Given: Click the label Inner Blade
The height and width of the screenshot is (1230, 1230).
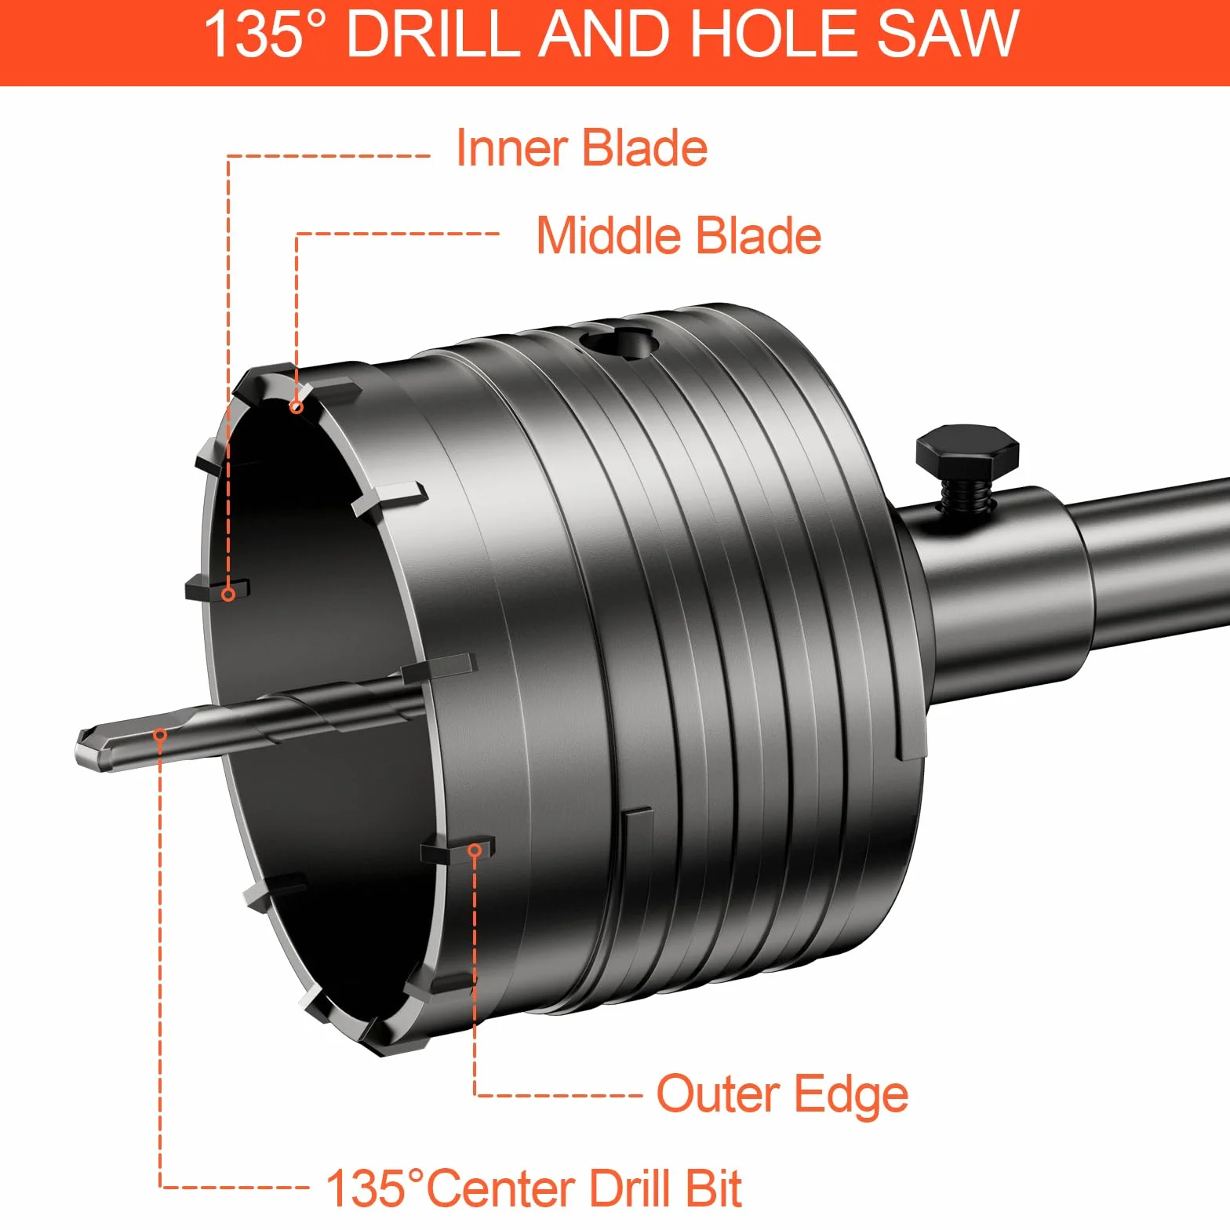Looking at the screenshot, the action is tap(581, 147).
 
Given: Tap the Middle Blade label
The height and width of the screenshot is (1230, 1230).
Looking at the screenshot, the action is tap(679, 235).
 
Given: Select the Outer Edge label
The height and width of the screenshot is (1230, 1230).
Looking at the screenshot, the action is tap(782, 1095).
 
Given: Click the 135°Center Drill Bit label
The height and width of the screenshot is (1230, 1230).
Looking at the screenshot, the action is tap(533, 1188).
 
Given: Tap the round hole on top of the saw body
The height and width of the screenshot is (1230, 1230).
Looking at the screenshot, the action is tap(618, 342).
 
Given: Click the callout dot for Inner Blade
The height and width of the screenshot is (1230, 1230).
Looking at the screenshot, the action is tap(228, 595).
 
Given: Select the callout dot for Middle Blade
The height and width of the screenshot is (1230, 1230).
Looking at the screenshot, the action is tap(297, 406).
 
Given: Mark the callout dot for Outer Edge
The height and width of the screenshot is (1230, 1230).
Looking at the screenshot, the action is tap(475, 850).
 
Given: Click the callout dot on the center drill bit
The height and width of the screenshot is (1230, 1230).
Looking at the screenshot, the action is tap(160, 735).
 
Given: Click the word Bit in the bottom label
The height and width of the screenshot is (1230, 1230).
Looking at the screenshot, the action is tap(713, 1188).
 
